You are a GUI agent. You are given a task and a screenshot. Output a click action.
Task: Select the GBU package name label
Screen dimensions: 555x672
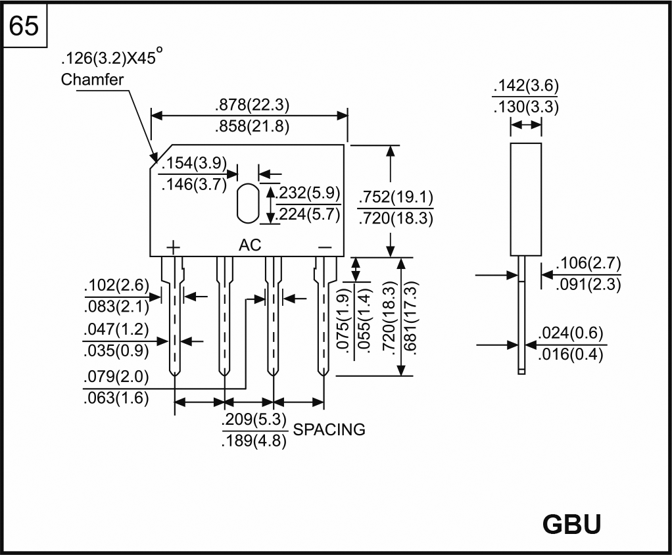click(x=571, y=524)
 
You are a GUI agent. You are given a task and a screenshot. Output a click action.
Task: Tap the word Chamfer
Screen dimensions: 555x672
click(x=92, y=80)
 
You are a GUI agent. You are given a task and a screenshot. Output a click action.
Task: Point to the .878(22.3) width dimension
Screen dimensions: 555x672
click(x=252, y=105)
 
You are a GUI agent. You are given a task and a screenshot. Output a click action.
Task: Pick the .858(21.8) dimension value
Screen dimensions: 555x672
click(x=252, y=127)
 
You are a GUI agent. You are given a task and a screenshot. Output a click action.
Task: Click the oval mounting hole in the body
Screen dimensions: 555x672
click(x=247, y=203)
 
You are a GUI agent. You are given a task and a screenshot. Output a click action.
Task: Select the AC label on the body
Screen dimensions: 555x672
click(x=250, y=245)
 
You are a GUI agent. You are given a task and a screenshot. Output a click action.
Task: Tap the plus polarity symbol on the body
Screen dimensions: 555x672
click(x=173, y=247)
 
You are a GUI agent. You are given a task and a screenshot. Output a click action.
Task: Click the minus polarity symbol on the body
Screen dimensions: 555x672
click(x=325, y=247)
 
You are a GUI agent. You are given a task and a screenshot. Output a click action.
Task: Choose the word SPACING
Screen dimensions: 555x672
click(x=329, y=430)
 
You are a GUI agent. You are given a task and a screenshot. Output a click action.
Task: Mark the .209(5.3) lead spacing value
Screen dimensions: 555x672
click(x=254, y=420)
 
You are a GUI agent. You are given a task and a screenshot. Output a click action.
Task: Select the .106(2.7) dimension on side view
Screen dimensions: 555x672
click(x=588, y=264)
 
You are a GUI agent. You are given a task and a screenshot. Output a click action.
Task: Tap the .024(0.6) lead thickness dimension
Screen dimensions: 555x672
click(x=570, y=333)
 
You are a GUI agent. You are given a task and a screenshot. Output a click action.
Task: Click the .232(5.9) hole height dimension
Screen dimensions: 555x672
click(x=308, y=193)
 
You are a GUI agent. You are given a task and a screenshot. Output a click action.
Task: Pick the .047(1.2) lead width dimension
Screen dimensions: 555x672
click(x=116, y=329)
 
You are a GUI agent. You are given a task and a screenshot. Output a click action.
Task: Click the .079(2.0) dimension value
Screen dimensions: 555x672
click(x=116, y=377)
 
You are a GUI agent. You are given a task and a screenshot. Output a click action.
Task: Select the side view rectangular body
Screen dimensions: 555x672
click(x=526, y=199)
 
